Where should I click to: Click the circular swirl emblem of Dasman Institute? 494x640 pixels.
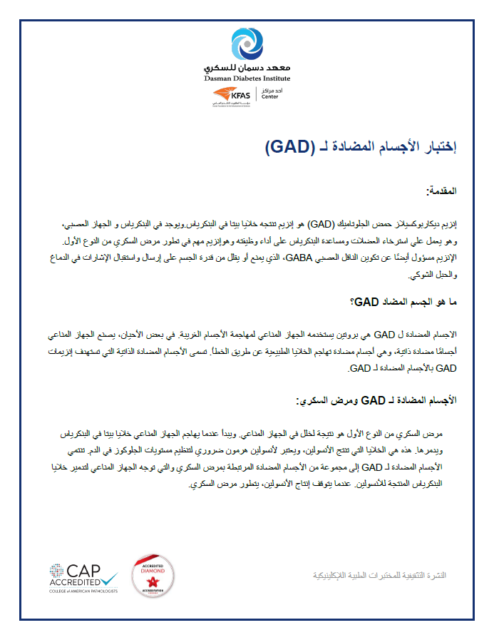click(x=247, y=45)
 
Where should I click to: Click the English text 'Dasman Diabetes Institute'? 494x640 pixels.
click(x=247, y=77)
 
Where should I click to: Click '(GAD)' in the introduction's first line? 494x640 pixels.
click(x=312, y=223)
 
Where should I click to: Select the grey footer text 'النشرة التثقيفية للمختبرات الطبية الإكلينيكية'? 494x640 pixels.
click(x=384, y=575)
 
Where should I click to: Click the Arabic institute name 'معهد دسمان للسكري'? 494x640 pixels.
click(x=247, y=66)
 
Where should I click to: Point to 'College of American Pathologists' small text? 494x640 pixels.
click(x=84, y=591)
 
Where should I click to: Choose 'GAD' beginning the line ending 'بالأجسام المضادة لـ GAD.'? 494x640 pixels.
click(x=444, y=369)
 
